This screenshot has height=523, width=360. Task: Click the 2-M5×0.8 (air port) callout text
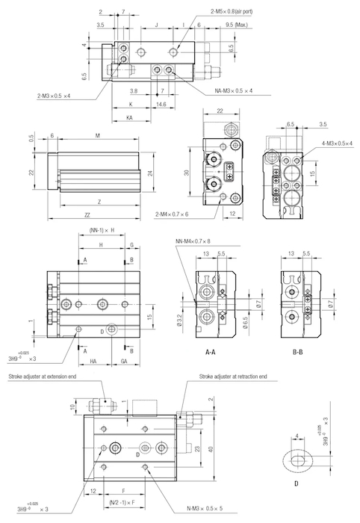click(x=232, y=11)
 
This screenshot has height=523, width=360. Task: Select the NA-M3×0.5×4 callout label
click(x=233, y=90)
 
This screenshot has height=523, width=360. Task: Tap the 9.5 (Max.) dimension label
click(x=236, y=25)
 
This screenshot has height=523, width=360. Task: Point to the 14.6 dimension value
click(x=161, y=105)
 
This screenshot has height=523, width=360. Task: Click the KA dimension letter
click(x=130, y=118)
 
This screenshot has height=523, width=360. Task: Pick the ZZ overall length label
click(x=87, y=215)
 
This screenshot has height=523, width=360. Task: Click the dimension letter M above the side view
click(x=98, y=135)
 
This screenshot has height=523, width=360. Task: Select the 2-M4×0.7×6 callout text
click(x=172, y=214)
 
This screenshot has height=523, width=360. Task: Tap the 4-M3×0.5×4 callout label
click(x=337, y=143)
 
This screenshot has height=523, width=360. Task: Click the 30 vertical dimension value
click(x=187, y=173)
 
